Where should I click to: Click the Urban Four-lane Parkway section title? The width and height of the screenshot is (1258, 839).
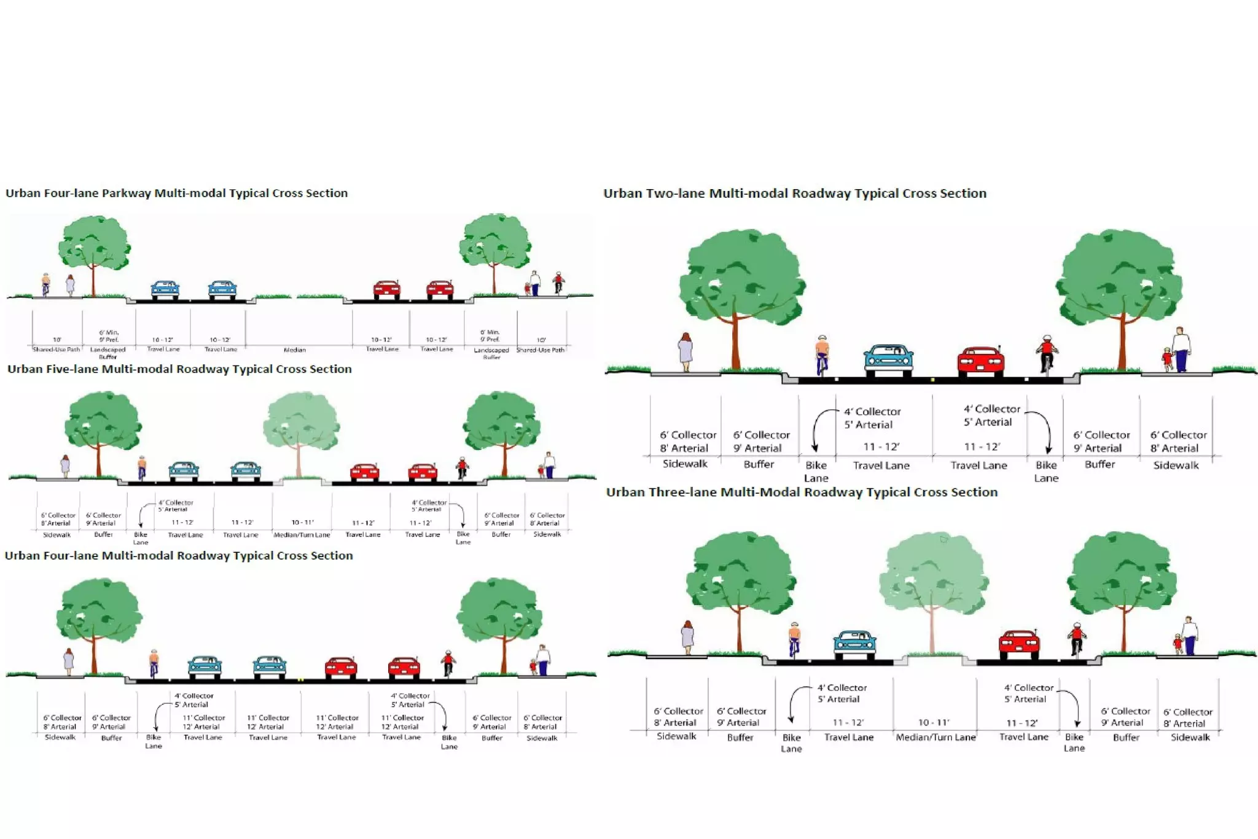(x=176, y=193)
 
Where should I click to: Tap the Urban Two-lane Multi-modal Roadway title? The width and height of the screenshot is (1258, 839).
(x=795, y=193)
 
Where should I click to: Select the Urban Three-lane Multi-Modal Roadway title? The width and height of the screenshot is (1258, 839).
(x=802, y=493)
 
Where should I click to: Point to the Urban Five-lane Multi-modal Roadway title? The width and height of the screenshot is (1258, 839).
(x=179, y=369)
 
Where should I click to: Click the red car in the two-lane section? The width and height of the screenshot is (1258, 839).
(x=980, y=361)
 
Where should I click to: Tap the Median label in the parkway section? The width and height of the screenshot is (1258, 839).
(x=295, y=350)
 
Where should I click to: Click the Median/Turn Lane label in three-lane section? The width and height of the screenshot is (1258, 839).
(x=936, y=737)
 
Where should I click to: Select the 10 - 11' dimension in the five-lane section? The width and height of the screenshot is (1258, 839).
(x=302, y=523)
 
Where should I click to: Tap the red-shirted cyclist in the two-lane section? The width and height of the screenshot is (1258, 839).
(x=1047, y=354)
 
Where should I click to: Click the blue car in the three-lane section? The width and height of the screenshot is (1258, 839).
(x=854, y=646)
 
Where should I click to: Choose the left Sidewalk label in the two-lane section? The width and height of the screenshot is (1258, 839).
(x=685, y=464)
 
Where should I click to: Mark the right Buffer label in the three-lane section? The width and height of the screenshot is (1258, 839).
(x=1126, y=738)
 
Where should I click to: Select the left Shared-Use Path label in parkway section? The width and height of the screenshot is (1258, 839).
(x=57, y=349)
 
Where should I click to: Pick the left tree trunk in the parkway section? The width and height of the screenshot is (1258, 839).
(x=93, y=279)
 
